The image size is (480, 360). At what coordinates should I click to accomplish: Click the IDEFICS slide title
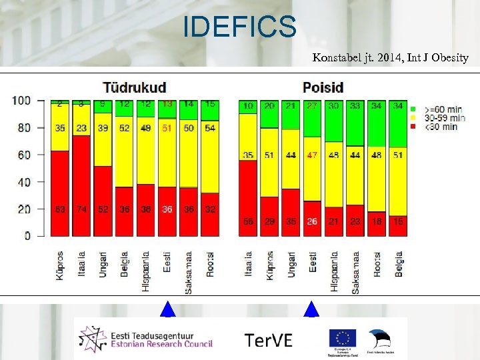pyautogui.click(x=239, y=27)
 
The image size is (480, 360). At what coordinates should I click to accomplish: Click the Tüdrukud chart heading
pyautogui.click(x=134, y=87)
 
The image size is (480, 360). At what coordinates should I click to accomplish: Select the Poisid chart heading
pyautogui.click(x=323, y=87)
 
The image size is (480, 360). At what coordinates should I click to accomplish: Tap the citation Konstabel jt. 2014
pyautogui.click(x=390, y=58)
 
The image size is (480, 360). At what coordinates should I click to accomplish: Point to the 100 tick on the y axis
pyautogui.click(x=21, y=101)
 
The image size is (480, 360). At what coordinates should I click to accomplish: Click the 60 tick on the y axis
pyautogui.click(x=24, y=155)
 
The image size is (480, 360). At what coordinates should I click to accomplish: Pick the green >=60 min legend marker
pyautogui.click(x=413, y=108)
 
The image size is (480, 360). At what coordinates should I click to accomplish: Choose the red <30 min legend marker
pyautogui.click(x=413, y=126)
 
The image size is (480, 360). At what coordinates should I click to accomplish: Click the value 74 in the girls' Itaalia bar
pyautogui.click(x=81, y=209)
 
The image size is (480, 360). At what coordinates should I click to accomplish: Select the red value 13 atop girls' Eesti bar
pyautogui.click(x=167, y=105)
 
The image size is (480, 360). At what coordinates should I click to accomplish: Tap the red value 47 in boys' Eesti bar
pyautogui.click(x=311, y=155)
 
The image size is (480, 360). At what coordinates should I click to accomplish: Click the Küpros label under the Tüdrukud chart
pyautogui.click(x=60, y=265)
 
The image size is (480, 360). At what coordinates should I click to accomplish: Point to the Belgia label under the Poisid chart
pyautogui.click(x=399, y=264)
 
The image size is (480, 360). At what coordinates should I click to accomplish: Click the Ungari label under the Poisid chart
pyautogui.click(x=291, y=265)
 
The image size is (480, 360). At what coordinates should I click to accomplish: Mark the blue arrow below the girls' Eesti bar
pyautogui.click(x=167, y=309)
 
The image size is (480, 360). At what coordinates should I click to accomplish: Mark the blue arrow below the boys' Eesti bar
pyautogui.click(x=311, y=309)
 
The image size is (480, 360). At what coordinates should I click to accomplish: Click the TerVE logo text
pyautogui.click(x=268, y=339)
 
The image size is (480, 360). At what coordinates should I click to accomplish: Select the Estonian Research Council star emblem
pyautogui.click(x=91, y=339)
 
